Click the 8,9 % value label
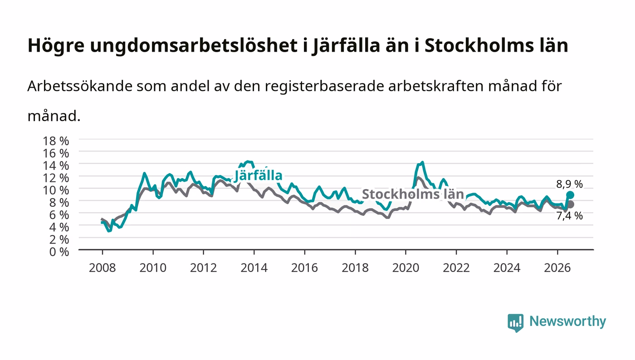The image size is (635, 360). click(569, 184)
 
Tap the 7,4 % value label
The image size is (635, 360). click(569, 216)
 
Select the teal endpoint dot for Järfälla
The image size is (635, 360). click(570, 195)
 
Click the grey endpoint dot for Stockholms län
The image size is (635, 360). click(571, 204)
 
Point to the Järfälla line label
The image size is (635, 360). click(258, 176)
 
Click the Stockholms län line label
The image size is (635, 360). click(413, 194)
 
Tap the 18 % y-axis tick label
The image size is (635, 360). click(56, 141)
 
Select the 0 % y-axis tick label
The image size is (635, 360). click(59, 252)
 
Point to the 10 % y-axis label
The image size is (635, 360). click(56, 190)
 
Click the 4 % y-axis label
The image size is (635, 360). click(59, 227)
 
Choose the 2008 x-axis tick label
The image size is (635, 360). click(103, 268)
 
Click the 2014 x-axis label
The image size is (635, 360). click(254, 268)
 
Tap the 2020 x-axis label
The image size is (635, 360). click(405, 268)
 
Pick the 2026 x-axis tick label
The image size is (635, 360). click(557, 268)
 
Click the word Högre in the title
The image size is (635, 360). click(56, 46)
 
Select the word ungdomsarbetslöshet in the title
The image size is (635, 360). click(194, 46)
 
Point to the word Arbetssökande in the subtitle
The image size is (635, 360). click(80, 86)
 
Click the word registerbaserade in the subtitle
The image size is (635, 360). click(323, 86)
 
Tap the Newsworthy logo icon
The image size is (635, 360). click(515, 322)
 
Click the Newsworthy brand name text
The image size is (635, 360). click(568, 321)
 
